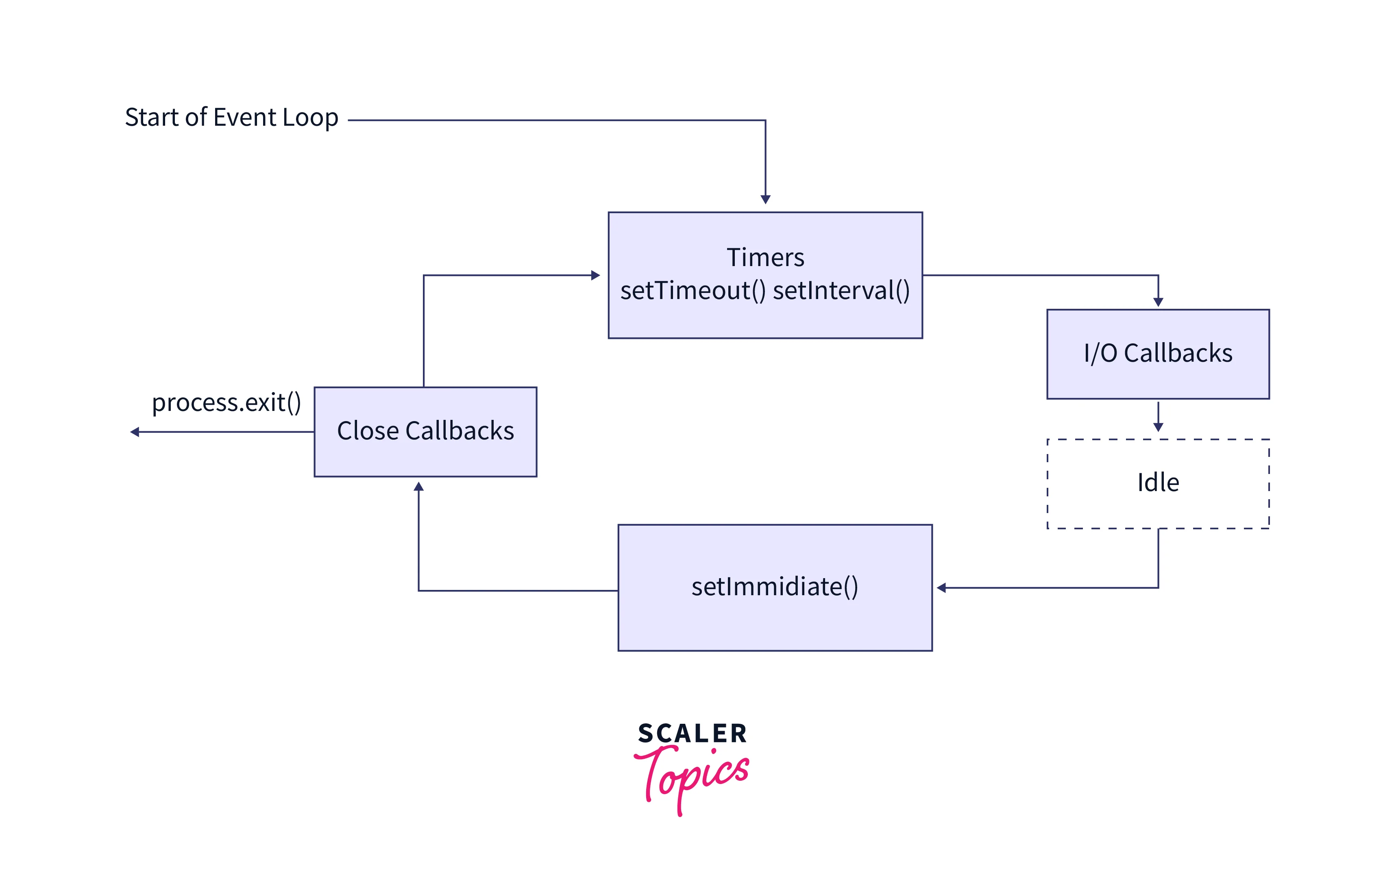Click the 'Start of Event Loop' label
pos(231,118)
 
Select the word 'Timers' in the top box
pos(765,258)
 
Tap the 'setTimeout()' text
pos(693,290)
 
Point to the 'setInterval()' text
pos(841,290)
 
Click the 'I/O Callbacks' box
pos(1157,354)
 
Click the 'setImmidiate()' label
pos(775,587)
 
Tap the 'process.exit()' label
pos(226,403)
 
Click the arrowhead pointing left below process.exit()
pos(135,432)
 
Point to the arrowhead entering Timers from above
pos(765,200)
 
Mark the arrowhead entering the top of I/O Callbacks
pos(1157,302)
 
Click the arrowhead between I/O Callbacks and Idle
pos(1157,427)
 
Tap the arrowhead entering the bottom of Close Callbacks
pos(418,487)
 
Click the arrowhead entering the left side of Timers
pos(595,275)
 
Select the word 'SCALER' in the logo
pos(692,734)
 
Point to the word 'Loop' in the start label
pos(311,118)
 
